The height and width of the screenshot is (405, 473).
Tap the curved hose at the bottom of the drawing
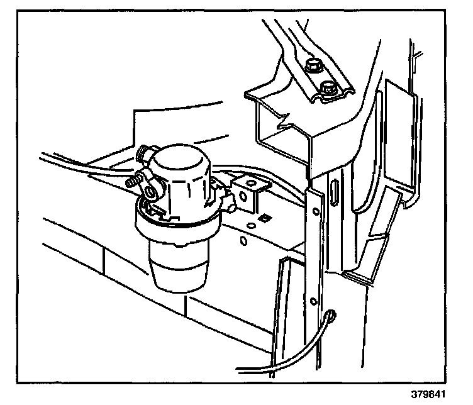pos(296,352)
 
